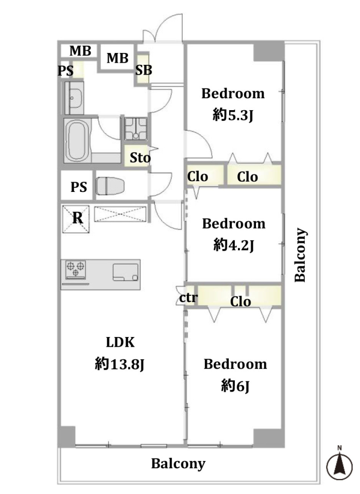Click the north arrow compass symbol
coord(339,464)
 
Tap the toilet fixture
coord(110,186)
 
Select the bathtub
coord(77,140)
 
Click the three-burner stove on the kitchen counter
coord(75,269)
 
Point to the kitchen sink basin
coord(126,272)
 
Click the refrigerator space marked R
coord(76,219)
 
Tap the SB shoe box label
coord(144,70)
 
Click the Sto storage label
coord(140,157)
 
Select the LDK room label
coord(120,342)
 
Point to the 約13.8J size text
coord(119,364)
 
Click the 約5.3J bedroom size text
coord(233,116)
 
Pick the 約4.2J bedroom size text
coord(234,245)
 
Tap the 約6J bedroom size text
coord(235,386)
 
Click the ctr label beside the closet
coord(188,298)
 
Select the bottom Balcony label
coord(178,464)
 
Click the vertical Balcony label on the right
coord(300,255)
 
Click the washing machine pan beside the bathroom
coord(135,129)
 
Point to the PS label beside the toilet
coord(78,187)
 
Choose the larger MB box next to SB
coord(117,58)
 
